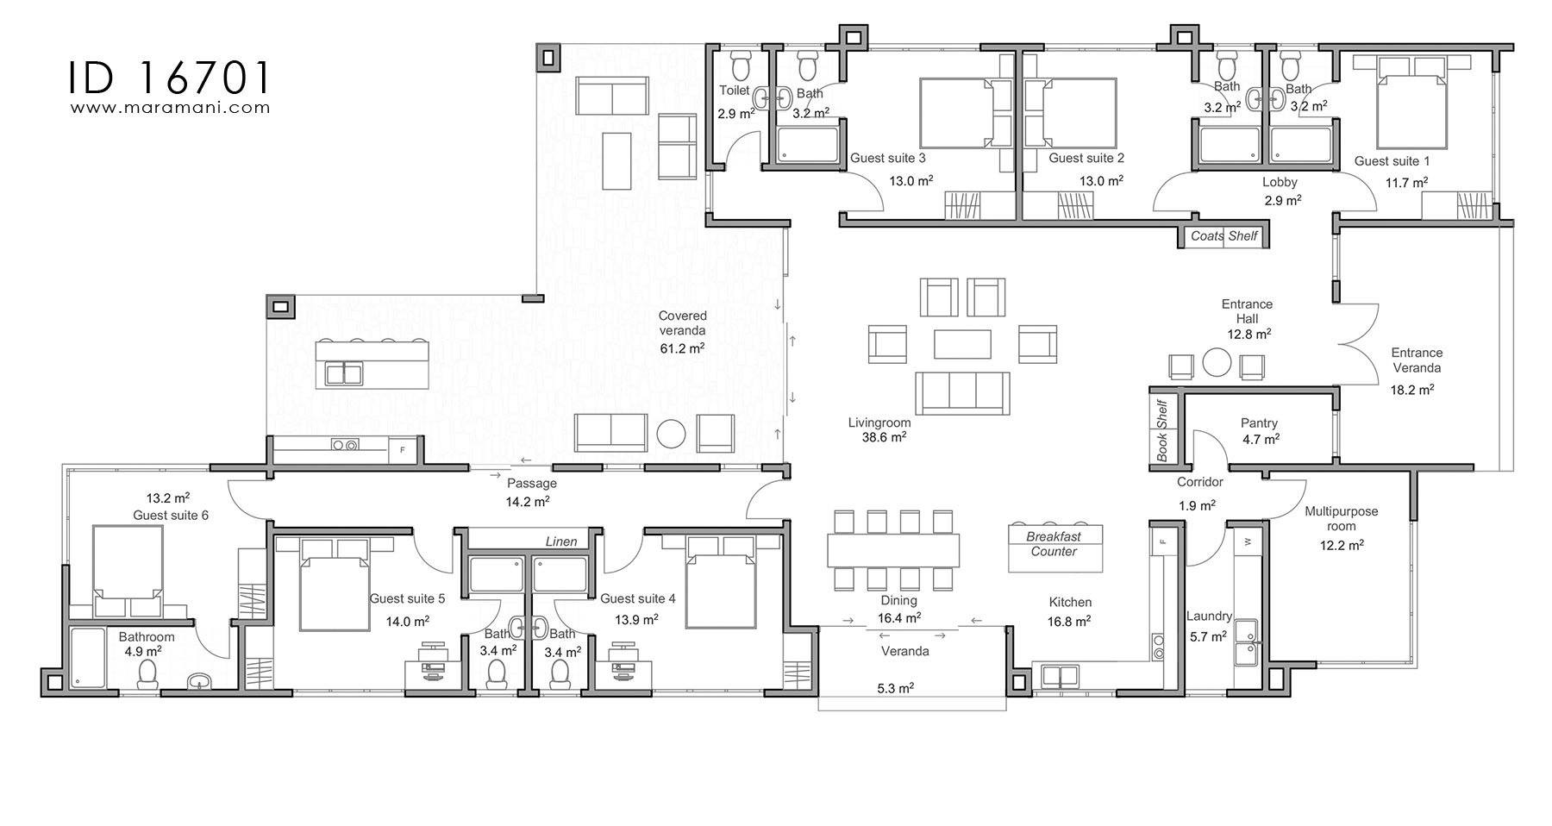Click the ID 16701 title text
[x=170, y=77]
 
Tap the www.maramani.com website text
[x=170, y=109]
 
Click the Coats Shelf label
[x=1223, y=236]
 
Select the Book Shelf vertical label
[x=1161, y=429]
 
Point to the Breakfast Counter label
[x=1054, y=544]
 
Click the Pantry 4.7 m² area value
[x=1260, y=438]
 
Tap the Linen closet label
[x=560, y=541]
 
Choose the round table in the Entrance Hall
[x=1217, y=362]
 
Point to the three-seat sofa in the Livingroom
[x=962, y=392]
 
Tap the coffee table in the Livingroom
[x=962, y=344]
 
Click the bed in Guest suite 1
[x=1410, y=108]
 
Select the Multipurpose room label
[x=1341, y=518]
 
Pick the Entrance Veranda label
[x=1416, y=360]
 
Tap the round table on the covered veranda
[x=671, y=434]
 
